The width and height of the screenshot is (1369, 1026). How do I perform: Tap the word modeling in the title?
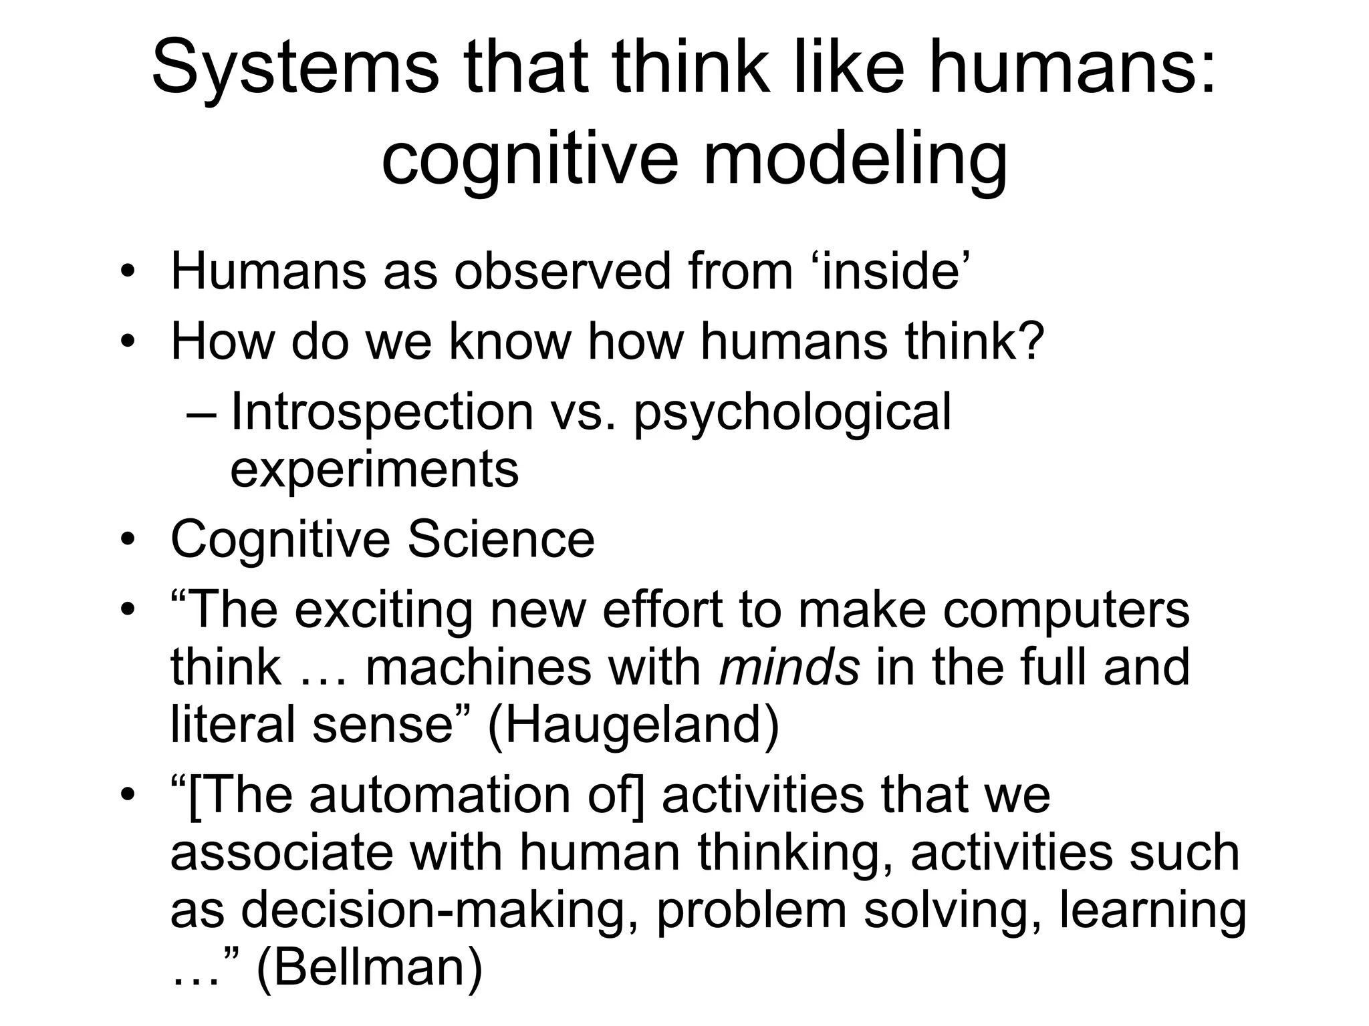tap(855, 160)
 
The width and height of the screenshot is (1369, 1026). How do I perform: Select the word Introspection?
tap(382, 412)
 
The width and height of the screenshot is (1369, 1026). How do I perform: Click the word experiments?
tap(374, 469)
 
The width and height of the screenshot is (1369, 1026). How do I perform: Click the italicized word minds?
tap(789, 667)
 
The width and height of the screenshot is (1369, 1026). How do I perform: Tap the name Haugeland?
tap(632, 725)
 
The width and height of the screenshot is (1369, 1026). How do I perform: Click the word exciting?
tap(384, 610)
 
